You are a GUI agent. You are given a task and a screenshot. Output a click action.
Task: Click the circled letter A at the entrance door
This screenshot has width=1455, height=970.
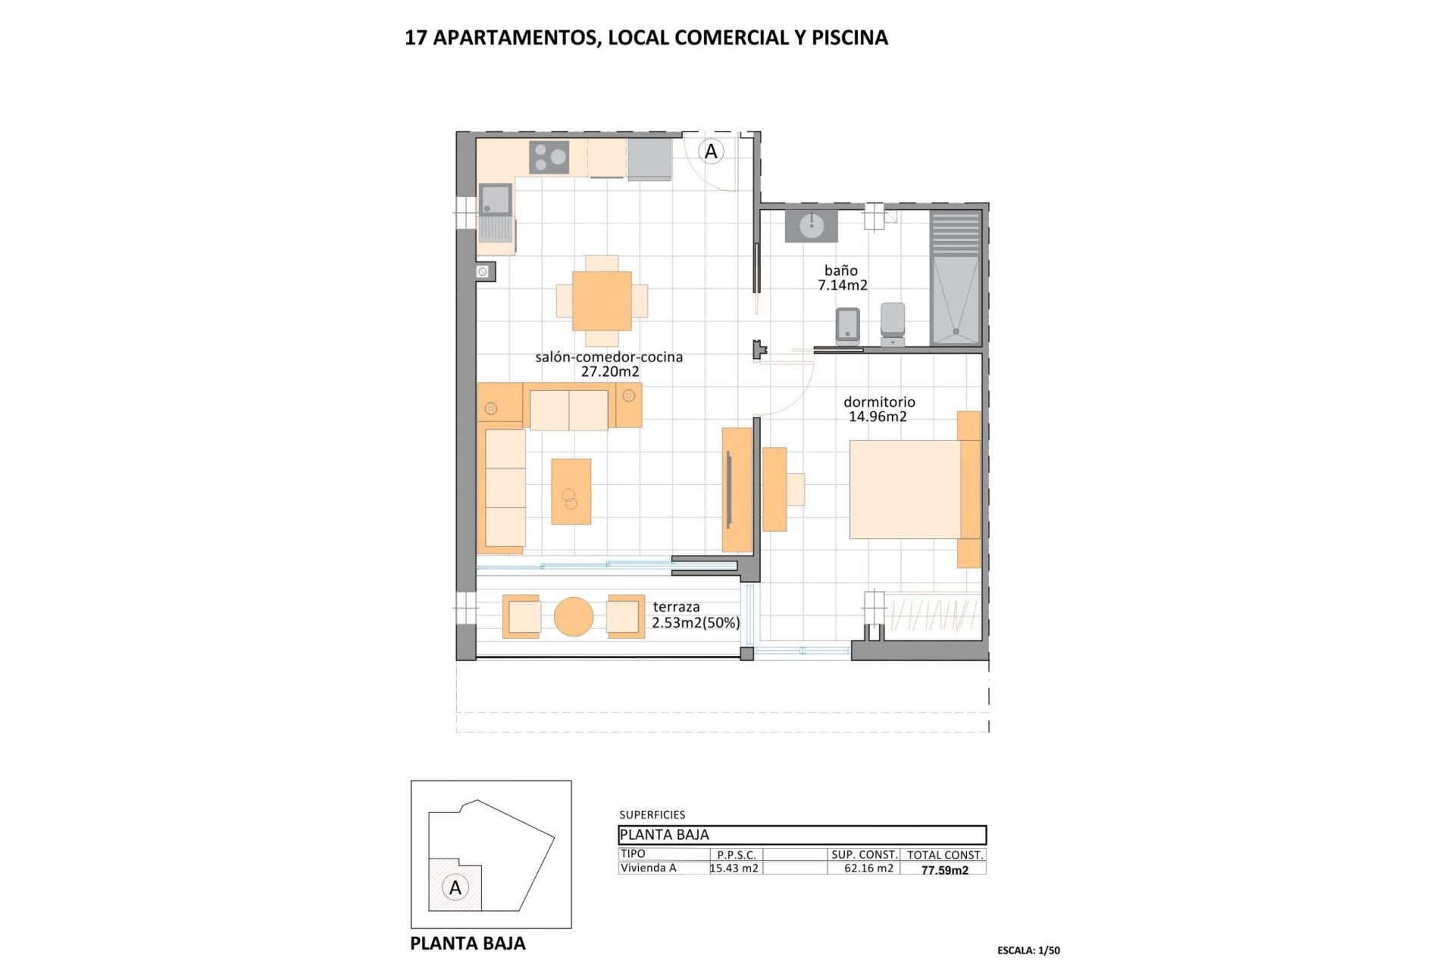pyautogui.click(x=711, y=152)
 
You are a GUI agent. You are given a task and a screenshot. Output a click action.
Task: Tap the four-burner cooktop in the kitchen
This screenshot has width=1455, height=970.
pyautogui.click(x=549, y=158)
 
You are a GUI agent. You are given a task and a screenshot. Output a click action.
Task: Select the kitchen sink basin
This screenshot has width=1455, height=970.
pyautogui.click(x=495, y=199)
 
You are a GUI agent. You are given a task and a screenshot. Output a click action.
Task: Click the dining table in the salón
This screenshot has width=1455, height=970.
pyautogui.click(x=602, y=301)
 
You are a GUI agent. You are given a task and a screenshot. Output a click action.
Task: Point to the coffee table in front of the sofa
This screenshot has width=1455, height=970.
pyautogui.click(x=571, y=491)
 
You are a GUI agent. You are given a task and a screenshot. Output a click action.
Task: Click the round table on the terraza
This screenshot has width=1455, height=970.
pyautogui.click(x=574, y=617)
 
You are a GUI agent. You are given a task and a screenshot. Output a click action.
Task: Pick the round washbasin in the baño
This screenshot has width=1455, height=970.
pyautogui.click(x=811, y=224)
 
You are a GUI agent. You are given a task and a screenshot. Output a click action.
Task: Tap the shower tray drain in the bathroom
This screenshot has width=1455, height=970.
pyautogui.click(x=957, y=331)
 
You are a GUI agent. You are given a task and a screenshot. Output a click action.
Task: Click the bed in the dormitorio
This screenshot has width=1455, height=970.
pyautogui.click(x=906, y=490)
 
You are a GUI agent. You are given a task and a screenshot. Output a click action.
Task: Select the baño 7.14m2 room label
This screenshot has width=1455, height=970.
pyautogui.click(x=842, y=278)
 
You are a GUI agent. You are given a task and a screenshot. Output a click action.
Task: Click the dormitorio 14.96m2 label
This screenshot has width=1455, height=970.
pyautogui.click(x=879, y=409)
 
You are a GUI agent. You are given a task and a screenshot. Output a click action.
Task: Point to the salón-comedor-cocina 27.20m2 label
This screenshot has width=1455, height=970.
pyautogui.click(x=609, y=365)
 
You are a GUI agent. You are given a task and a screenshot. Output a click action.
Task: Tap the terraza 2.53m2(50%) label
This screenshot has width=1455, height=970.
pyautogui.click(x=696, y=615)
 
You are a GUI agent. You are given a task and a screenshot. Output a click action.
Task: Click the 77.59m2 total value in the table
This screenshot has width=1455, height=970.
pyautogui.click(x=944, y=870)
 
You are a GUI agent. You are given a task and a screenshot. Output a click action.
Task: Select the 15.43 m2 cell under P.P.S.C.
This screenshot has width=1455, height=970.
pyautogui.click(x=734, y=868)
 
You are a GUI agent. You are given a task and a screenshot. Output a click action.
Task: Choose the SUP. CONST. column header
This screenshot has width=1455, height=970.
pyautogui.click(x=864, y=855)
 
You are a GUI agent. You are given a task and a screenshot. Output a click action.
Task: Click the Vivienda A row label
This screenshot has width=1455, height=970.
pyautogui.click(x=648, y=868)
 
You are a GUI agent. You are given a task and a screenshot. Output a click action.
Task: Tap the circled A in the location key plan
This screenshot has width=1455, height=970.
pyautogui.click(x=455, y=887)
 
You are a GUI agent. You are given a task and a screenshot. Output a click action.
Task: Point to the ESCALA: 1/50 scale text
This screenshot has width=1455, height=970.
pyautogui.click(x=1028, y=950)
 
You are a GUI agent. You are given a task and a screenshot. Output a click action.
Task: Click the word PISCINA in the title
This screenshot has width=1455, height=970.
pyautogui.click(x=850, y=38)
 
